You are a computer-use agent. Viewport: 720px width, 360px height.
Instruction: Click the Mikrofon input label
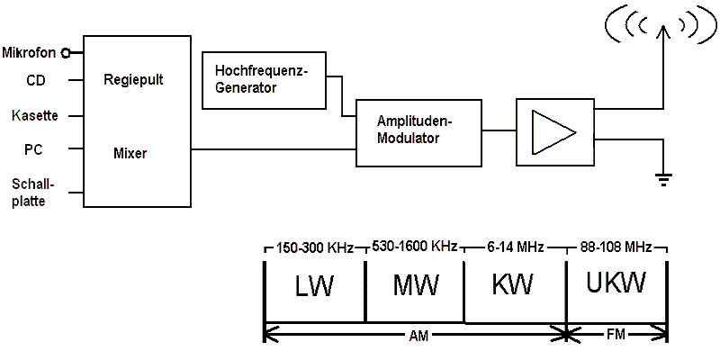pos(31,52)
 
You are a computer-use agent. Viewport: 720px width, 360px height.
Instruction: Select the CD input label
pos(36,80)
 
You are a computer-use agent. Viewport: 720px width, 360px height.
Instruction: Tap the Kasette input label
pos(35,115)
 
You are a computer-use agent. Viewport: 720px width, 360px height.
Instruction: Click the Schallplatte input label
pos(29,192)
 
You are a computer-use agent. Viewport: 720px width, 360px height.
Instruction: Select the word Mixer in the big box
pos(130,153)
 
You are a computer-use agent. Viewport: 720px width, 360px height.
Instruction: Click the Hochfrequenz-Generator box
pos(264,80)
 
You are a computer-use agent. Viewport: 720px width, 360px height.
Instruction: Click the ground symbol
pos(664,179)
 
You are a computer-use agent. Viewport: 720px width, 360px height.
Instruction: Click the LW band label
pos(314,286)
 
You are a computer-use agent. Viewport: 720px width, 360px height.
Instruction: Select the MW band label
pos(416,286)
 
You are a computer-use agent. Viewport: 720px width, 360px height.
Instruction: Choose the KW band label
pos(513,286)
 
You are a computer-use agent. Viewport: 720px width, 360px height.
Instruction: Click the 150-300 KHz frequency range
pos(314,246)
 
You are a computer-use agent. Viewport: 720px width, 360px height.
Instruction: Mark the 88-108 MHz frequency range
pos(617,246)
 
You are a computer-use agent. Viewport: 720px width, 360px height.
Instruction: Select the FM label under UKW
pos(617,334)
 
